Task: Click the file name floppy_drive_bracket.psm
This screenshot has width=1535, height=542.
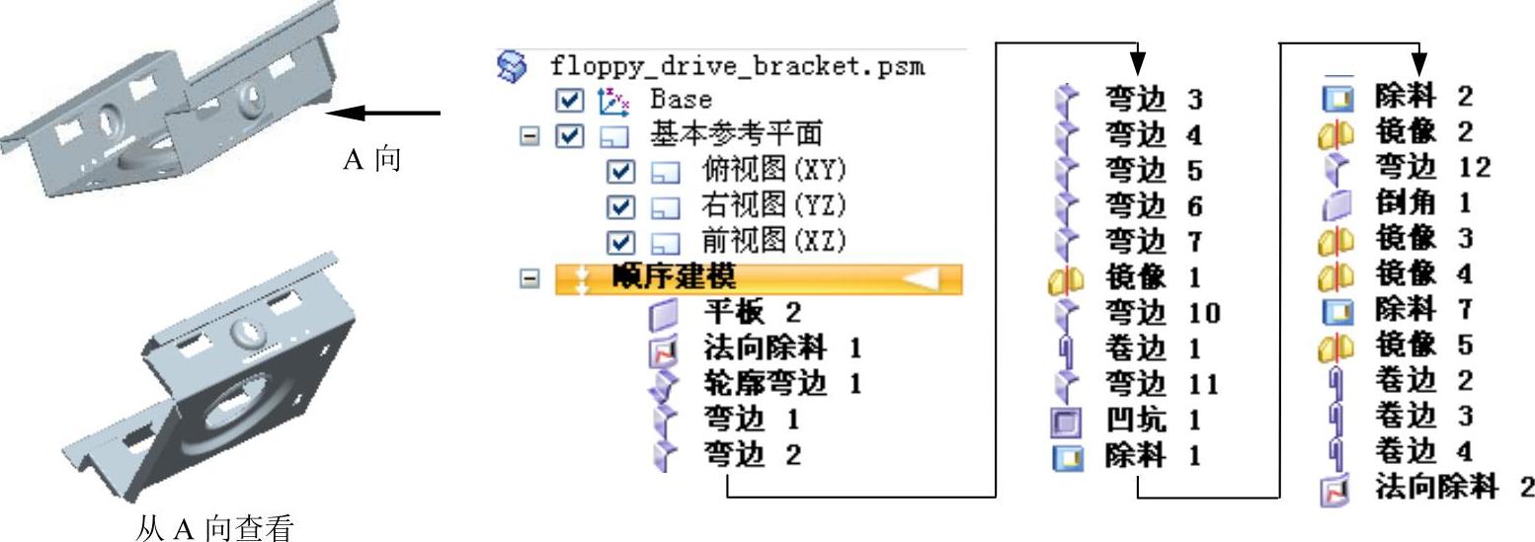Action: (x=737, y=66)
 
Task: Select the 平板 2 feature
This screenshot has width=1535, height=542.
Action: (x=752, y=313)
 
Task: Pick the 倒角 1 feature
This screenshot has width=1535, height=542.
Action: (x=1423, y=202)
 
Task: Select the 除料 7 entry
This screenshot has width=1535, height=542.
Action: (x=1423, y=309)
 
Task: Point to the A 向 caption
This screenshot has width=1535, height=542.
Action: (x=371, y=159)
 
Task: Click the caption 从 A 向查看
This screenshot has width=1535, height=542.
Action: (x=213, y=529)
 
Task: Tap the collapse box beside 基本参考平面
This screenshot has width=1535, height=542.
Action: (x=530, y=135)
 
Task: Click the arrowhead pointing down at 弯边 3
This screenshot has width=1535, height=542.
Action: (x=1138, y=62)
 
